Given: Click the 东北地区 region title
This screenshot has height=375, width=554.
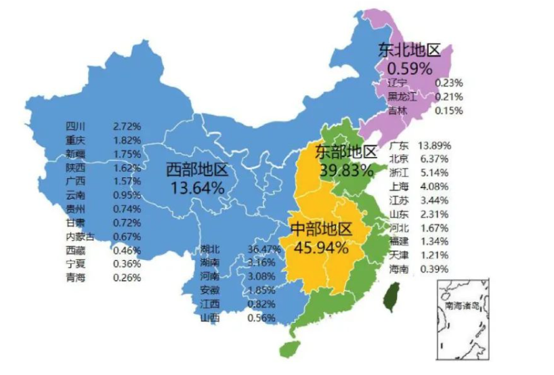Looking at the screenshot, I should [x=409, y=50].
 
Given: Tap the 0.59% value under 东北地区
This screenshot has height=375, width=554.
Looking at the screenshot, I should [x=409, y=68].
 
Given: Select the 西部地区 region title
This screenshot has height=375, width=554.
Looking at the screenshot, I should [x=197, y=169].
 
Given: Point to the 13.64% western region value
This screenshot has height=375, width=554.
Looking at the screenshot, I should [x=197, y=187].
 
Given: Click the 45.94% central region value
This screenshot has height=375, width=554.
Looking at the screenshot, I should [x=321, y=247].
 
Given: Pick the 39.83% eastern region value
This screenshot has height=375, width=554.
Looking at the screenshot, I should [x=346, y=170].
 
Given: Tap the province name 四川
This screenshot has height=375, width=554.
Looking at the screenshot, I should [x=74, y=126].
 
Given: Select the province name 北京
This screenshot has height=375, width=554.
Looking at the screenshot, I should [x=400, y=159].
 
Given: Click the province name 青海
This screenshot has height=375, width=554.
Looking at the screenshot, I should [x=75, y=278].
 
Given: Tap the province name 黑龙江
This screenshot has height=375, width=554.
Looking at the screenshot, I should [x=404, y=97].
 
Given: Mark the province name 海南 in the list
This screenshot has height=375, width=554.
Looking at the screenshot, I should [x=400, y=269].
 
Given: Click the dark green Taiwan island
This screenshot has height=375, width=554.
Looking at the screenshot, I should [x=391, y=296].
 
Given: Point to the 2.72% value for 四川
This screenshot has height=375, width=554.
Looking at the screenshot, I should [x=127, y=126].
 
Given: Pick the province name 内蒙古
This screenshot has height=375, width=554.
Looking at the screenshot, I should [x=79, y=236].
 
